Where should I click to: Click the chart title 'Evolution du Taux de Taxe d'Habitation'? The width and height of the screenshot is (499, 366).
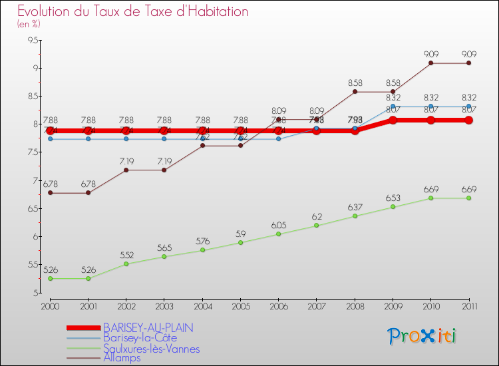[x=133, y=12]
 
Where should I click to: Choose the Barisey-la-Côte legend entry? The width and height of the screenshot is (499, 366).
[x=140, y=338]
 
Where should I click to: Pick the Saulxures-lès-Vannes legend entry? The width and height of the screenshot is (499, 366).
[x=151, y=349]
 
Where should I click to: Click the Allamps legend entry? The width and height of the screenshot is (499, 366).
[x=122, y=359]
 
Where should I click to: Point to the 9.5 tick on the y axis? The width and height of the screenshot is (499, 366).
[x=31, y=40]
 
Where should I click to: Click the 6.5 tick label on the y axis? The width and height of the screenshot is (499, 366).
[x=31, y=209]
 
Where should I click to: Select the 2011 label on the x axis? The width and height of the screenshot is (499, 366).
[x=469, y=306]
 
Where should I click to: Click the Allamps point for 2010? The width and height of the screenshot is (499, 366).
[x=431, y=63]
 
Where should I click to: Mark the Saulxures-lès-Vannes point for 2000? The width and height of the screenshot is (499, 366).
[x=50, y=279]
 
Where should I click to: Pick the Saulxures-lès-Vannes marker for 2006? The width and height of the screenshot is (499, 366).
[x=279, y=234]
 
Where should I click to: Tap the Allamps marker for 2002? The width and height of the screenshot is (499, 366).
[x=126, y=170]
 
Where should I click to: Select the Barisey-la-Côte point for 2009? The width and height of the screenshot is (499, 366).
[x=393, y=106]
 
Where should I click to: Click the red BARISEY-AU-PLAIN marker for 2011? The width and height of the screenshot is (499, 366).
[x=469, y=120]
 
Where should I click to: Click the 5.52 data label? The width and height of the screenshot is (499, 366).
[x=126, y=255]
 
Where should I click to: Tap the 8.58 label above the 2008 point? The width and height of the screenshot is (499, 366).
[x=355, y=83]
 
